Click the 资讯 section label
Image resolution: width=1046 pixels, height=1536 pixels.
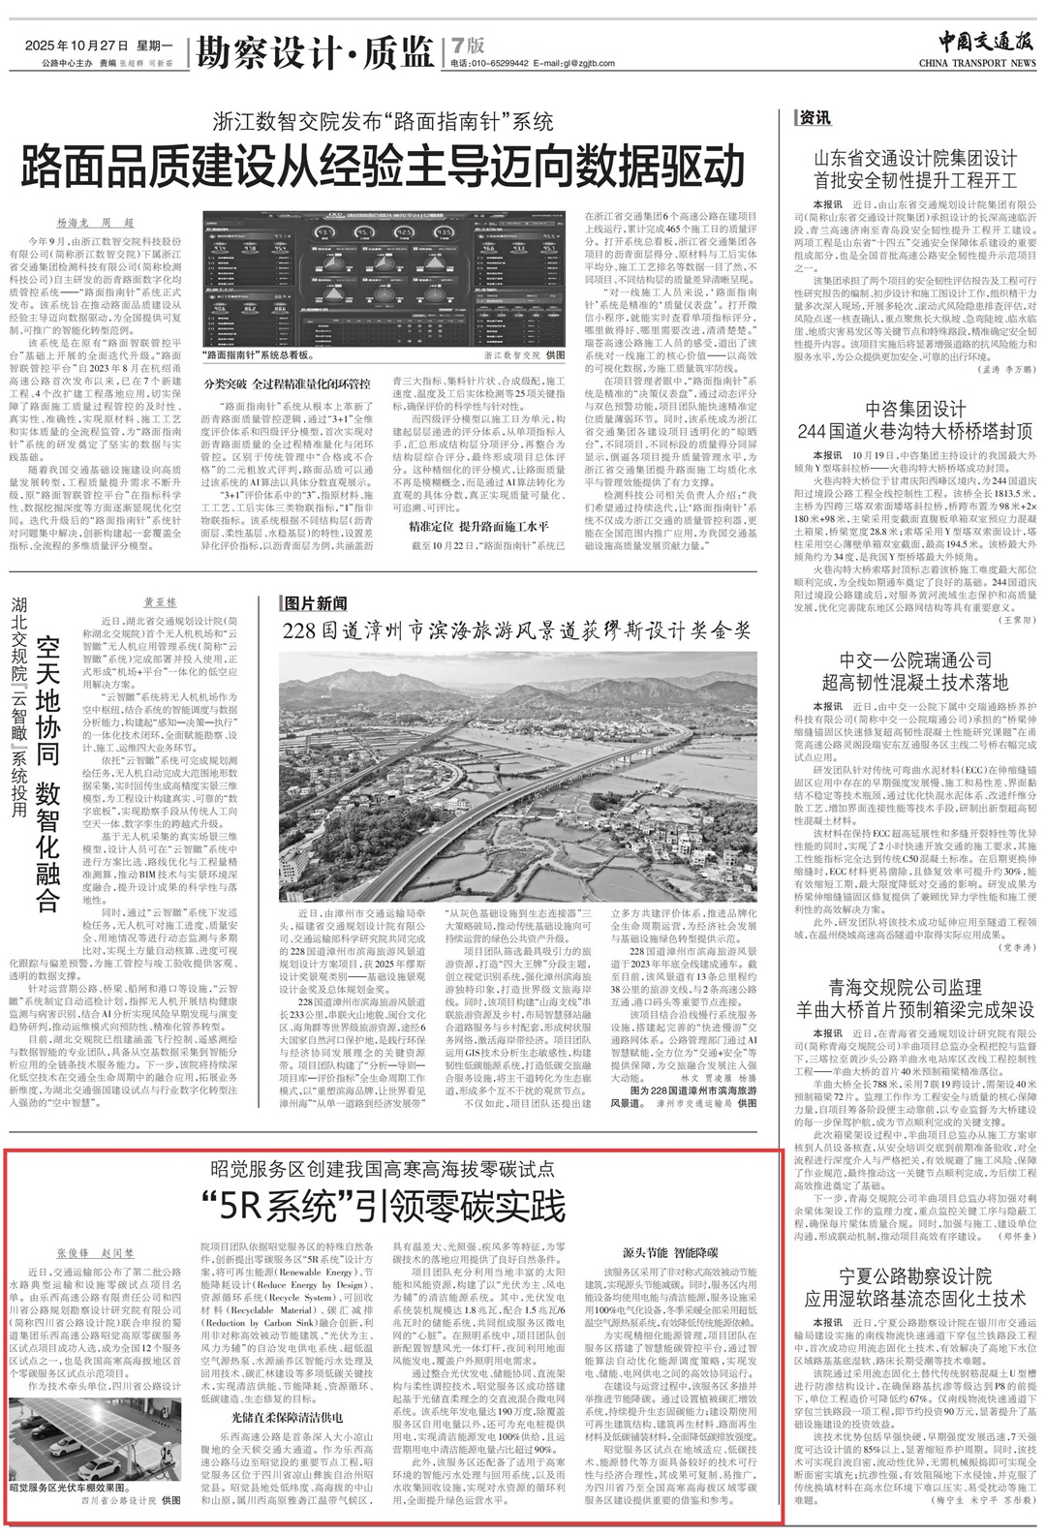coord(815,118)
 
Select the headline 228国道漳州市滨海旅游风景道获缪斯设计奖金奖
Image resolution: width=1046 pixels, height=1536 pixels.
coord(516,630)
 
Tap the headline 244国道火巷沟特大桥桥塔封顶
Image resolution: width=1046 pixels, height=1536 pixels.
coord(914,431)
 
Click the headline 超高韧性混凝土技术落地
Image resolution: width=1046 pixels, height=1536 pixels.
coord(914,682)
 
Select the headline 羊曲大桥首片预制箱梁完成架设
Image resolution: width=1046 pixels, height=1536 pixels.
coord(914,1009)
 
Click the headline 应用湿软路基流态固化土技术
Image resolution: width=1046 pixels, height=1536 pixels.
coord(914,1298)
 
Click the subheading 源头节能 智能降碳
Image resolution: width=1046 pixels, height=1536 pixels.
coord(669,1251)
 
